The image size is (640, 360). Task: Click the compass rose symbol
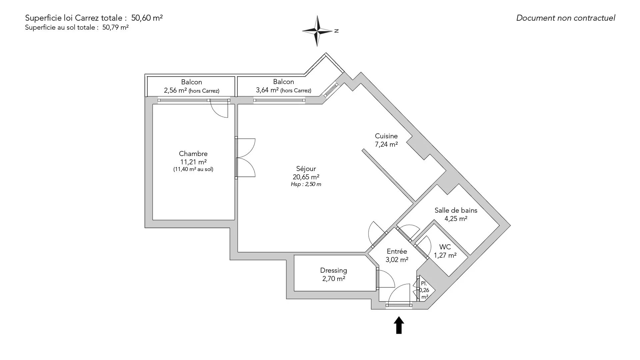[x=317, y=31]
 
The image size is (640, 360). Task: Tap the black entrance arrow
[x=399, y=325]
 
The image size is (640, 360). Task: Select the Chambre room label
[x=193, y=154]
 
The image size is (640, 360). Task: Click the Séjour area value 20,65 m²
[x=306, y=177]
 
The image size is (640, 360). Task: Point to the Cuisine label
[x=386, y=136]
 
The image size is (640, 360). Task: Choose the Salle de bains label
[x=456, y=210]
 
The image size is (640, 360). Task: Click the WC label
[x=445, y=247]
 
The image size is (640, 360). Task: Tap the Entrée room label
[x=397, y=252]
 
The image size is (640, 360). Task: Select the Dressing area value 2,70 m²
[x=333, y=279]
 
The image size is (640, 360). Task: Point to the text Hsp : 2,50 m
[x=306, y=184]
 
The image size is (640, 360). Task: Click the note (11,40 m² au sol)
[x=193, y=169]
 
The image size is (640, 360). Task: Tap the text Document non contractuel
[x=565, y=18]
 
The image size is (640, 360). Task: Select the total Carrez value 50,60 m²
[x=147, y=18]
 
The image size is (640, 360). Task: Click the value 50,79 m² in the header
[x=115, y=28]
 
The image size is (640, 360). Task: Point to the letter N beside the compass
[x=337, y=31]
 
